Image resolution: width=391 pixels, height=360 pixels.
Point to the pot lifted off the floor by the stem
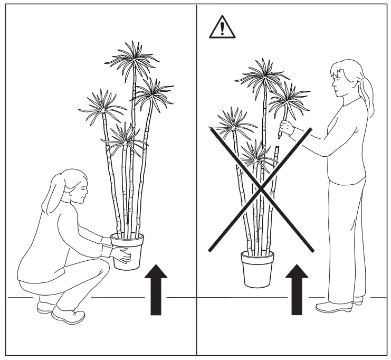coord(258,268)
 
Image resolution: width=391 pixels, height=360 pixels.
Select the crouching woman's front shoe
coord(69,315)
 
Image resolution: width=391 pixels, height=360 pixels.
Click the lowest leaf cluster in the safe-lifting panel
coord(124,138)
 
